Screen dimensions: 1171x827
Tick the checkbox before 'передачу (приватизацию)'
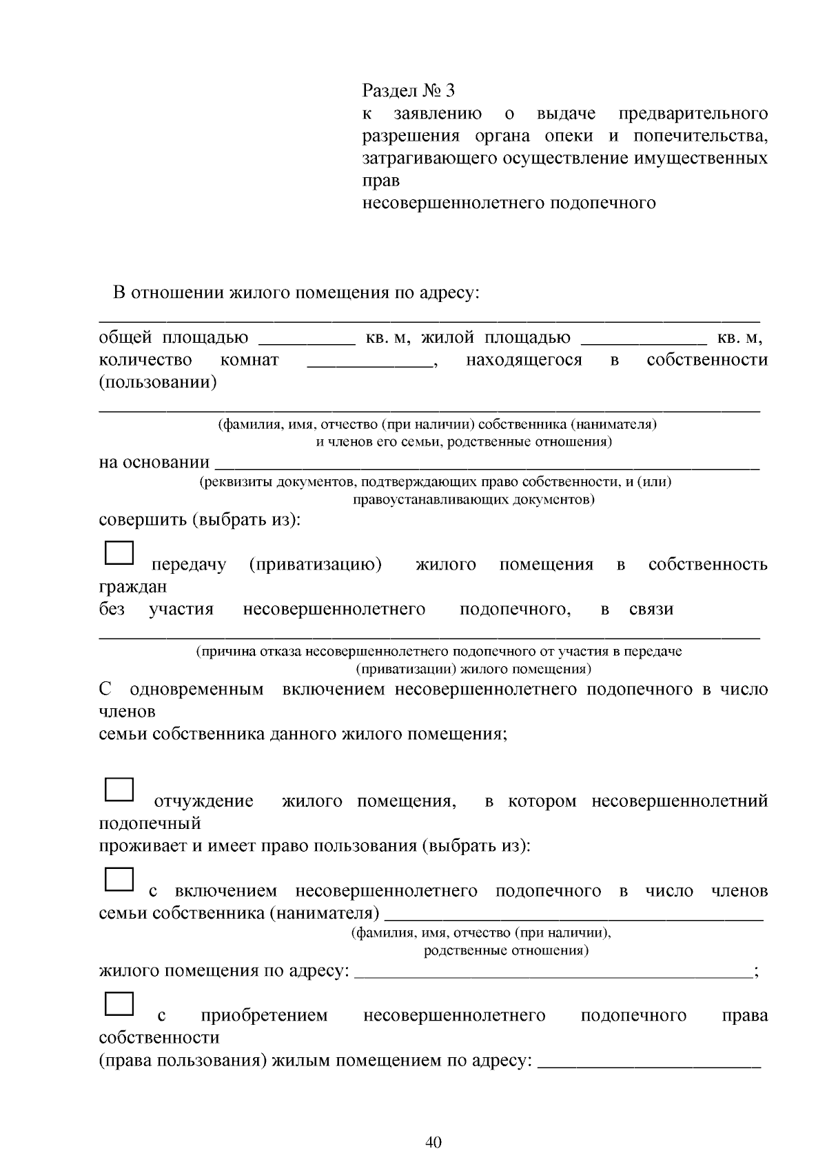(119, 553)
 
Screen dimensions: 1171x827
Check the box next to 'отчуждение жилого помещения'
(119, 790)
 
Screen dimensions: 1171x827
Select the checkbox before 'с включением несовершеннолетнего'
(119, 879)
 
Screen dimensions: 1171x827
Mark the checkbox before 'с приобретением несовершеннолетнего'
(119, 1003)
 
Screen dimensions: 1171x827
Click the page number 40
(433, 1141)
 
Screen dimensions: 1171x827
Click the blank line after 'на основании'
(487, 463)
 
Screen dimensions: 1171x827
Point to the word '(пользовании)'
(158, 383)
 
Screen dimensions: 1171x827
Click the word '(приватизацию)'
(315, 565)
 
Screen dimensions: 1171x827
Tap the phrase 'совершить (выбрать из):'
(200, 519)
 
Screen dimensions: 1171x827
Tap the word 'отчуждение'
(203, 801)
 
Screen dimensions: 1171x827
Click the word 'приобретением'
(264, 1016)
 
